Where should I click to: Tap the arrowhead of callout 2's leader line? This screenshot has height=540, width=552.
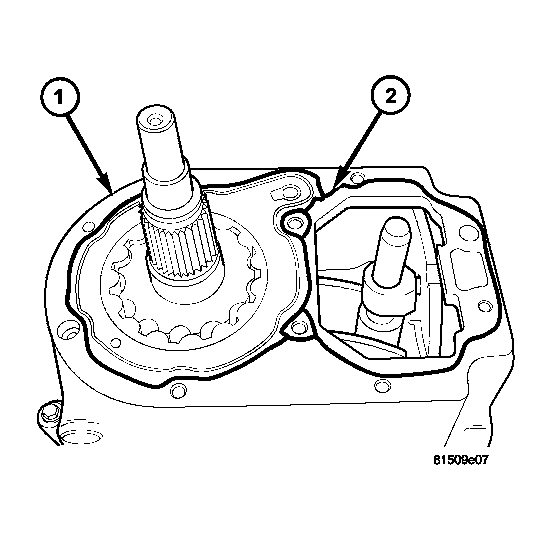338,184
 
